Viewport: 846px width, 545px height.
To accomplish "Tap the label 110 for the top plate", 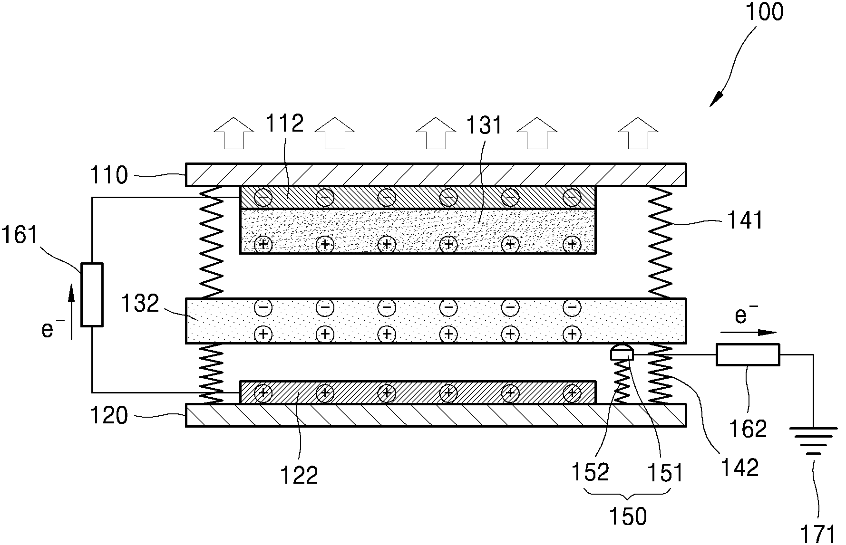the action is pos(109,175).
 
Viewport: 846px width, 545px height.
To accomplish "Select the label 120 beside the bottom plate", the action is pos(109,416).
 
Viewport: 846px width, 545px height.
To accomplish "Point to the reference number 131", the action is pos(484,125).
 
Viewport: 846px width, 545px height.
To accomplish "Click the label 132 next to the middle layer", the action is pos(140,304).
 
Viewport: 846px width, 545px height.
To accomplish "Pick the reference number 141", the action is pos(744,220).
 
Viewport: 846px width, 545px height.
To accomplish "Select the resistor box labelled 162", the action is pos(748,355).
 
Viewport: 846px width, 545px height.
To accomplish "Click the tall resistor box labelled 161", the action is pos(92,295).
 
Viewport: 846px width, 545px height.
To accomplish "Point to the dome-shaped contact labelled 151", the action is pos(622,353).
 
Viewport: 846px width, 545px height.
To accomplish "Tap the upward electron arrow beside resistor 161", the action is pos(71,312).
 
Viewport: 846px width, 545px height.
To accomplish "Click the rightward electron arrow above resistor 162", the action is pos(748,333).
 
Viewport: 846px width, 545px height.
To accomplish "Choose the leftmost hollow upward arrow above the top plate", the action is pos(233,133).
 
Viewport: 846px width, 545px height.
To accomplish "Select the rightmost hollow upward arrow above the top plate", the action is pos(638,133).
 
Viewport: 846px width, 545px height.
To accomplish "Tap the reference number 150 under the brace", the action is pos(628,516).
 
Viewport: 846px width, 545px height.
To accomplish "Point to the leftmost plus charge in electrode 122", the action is pos(263,393).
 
